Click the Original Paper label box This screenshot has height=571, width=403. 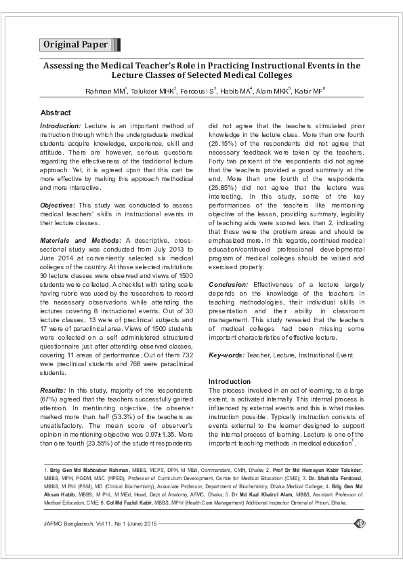(76, 45)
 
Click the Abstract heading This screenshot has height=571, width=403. (56, 112)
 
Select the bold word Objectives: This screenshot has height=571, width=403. (58, 205)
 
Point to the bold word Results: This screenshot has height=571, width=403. (53, 391)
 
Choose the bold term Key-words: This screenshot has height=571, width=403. (226, 355)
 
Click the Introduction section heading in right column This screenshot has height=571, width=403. (229, 381)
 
